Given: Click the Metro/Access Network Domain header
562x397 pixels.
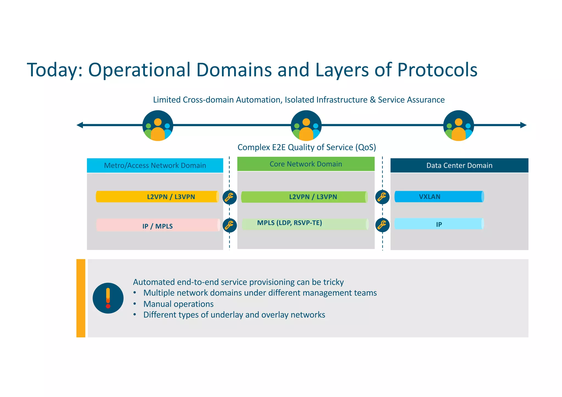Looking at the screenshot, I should [155, 165].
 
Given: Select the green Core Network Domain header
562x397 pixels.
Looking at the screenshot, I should [306, 164].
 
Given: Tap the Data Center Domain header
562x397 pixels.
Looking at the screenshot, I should [459, 165].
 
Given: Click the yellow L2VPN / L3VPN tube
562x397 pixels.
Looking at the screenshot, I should [157, 197].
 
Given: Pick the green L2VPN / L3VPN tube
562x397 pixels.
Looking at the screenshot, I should [304, 197].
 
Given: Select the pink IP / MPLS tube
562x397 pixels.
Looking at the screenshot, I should [158, 225].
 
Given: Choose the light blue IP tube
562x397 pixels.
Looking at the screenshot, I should [439, 224].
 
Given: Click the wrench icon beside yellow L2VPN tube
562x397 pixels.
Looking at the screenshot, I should [229, 197].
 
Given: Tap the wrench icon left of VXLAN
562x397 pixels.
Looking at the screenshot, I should [382, 197].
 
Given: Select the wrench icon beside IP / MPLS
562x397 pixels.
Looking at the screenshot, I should [229, 225].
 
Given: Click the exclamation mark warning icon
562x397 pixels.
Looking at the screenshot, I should [108, 298].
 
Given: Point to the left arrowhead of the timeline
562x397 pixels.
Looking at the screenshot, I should [80, 125].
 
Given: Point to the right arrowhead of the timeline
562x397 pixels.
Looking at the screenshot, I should [523, 125].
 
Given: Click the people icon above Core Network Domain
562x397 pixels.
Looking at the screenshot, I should [306, 126].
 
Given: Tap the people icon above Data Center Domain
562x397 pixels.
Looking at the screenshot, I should [459, 126].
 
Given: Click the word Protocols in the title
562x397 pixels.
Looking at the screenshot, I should [437, 70].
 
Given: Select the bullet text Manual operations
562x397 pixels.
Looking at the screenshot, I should [178, 304].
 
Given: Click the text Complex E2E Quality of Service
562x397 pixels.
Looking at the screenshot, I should [307, 147].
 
